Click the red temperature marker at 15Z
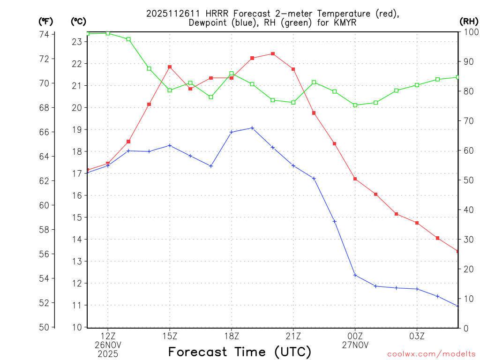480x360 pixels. [170, 67]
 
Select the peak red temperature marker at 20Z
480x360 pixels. [273, 54]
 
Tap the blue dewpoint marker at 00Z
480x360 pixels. [355, 275]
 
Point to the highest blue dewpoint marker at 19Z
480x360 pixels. [252, 128]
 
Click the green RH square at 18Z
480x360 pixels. [232, 74]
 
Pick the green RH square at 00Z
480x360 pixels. [355, 105]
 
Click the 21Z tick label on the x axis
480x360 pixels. [293, 336]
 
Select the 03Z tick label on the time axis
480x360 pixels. [417, 336]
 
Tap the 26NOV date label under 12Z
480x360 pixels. [108, 345]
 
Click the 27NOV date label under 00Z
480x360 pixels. [355, 345]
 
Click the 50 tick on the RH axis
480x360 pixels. [468, 180]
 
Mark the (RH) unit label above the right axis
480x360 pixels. [468, 21]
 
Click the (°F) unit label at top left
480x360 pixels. [45, 21]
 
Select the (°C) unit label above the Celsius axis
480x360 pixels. [78, 21]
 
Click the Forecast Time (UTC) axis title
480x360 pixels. [240, 352]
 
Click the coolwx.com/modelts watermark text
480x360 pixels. [431, 354]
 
